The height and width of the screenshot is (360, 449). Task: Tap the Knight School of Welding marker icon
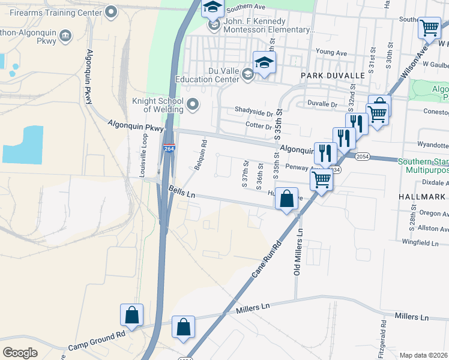click(x=193, y=105)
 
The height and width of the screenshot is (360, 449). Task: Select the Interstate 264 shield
click(x=169, y=148)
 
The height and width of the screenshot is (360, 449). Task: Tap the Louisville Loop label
click(x=143, y=153)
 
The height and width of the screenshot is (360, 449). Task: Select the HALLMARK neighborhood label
click(x=423, y=197)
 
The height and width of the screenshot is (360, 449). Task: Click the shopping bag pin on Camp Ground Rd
click(x=131, y=315)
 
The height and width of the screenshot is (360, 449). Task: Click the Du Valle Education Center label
click(x=207, y=74)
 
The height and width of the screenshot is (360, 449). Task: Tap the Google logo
click(x=20, y=353)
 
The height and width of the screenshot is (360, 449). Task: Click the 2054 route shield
click(x=361, y=157)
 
